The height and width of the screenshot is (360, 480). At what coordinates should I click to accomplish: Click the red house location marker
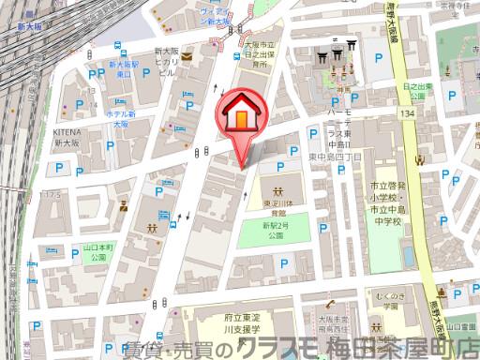(240, 117)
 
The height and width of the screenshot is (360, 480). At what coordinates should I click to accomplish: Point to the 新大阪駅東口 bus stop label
(123, 68)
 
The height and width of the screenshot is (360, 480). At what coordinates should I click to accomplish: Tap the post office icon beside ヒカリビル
(186, 56)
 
